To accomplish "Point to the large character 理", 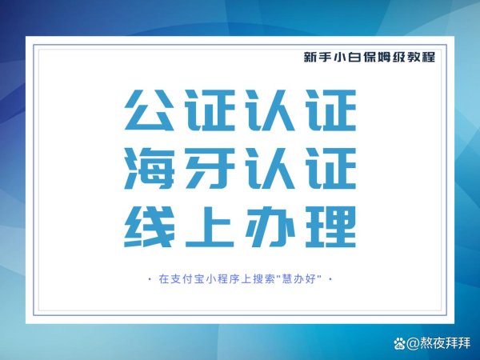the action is (332, 226).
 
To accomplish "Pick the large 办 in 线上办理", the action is (270, 226).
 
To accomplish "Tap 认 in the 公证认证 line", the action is (270, 110).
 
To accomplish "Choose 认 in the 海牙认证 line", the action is (270, 168).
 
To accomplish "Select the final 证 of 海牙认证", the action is (332, 168).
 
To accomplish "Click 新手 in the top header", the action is (317, 57).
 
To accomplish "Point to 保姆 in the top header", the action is (377, 57).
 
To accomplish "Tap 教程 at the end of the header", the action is (422, 57).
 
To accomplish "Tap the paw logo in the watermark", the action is (399, 343).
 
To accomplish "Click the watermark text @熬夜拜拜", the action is (438, 343).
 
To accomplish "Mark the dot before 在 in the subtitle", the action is (149, 279).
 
